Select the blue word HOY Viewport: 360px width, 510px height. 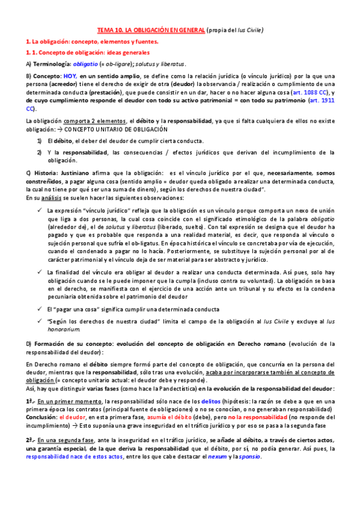[71, 76]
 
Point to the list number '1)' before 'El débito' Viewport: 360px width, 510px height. [39, 141]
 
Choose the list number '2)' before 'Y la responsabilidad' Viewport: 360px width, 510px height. [39, 152]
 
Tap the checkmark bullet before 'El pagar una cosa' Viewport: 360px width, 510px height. [38, 309]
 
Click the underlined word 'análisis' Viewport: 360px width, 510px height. [49, 198]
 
